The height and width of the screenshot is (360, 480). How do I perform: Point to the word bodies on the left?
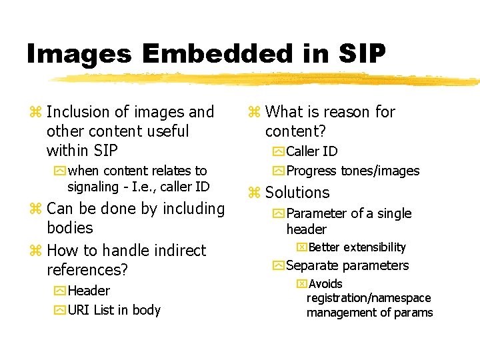point(70,227)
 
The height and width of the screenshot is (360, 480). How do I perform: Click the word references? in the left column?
point(87,270)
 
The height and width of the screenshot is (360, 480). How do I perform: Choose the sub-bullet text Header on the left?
point(89,291)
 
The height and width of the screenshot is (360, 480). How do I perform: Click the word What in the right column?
point(284,112)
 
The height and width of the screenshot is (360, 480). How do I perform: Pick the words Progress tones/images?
point(353,171)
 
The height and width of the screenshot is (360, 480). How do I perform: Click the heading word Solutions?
point(297,193)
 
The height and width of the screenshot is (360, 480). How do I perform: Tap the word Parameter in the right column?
point(317,214)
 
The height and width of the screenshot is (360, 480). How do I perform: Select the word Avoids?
point(325,284)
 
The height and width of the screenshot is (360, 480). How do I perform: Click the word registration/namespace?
point(369,298)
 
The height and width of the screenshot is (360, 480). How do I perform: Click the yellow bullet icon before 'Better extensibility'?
point(301,247)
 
